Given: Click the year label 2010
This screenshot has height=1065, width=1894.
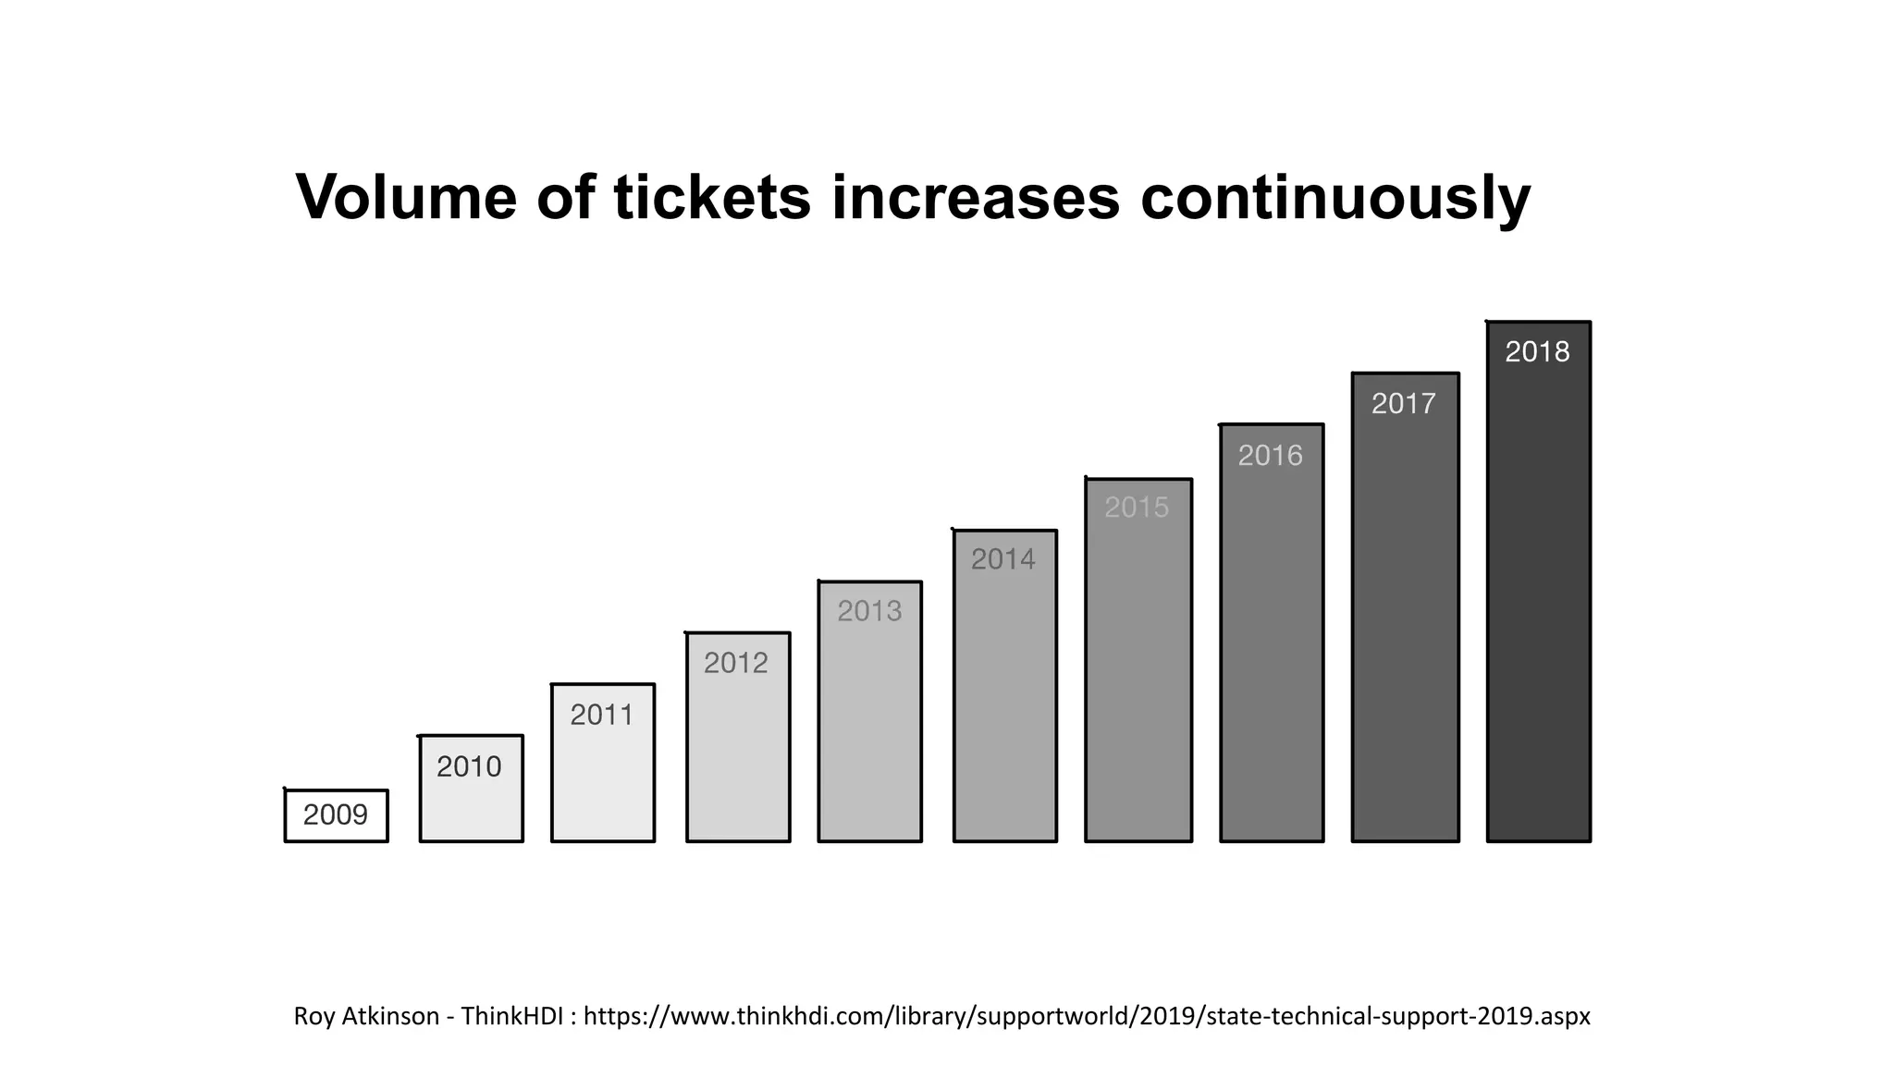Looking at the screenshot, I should [x=469, y=766].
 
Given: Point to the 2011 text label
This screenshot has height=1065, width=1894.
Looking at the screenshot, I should [x=602, y=715].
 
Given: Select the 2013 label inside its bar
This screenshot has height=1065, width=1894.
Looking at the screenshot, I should [x=869, y=611].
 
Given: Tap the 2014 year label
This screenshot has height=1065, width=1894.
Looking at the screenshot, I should [x=1003, y=559].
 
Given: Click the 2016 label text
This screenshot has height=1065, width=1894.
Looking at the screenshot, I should [x=1270, y=456].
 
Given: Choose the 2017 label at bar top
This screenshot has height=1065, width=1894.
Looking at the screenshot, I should [x=1404, y=404].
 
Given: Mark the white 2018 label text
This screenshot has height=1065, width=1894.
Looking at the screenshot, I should [x=1537, y=352].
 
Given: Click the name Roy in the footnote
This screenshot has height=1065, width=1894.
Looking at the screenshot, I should [x=314, y=1016].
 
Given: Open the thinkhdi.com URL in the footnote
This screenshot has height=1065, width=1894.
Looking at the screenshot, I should [x=1087, y=1016].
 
